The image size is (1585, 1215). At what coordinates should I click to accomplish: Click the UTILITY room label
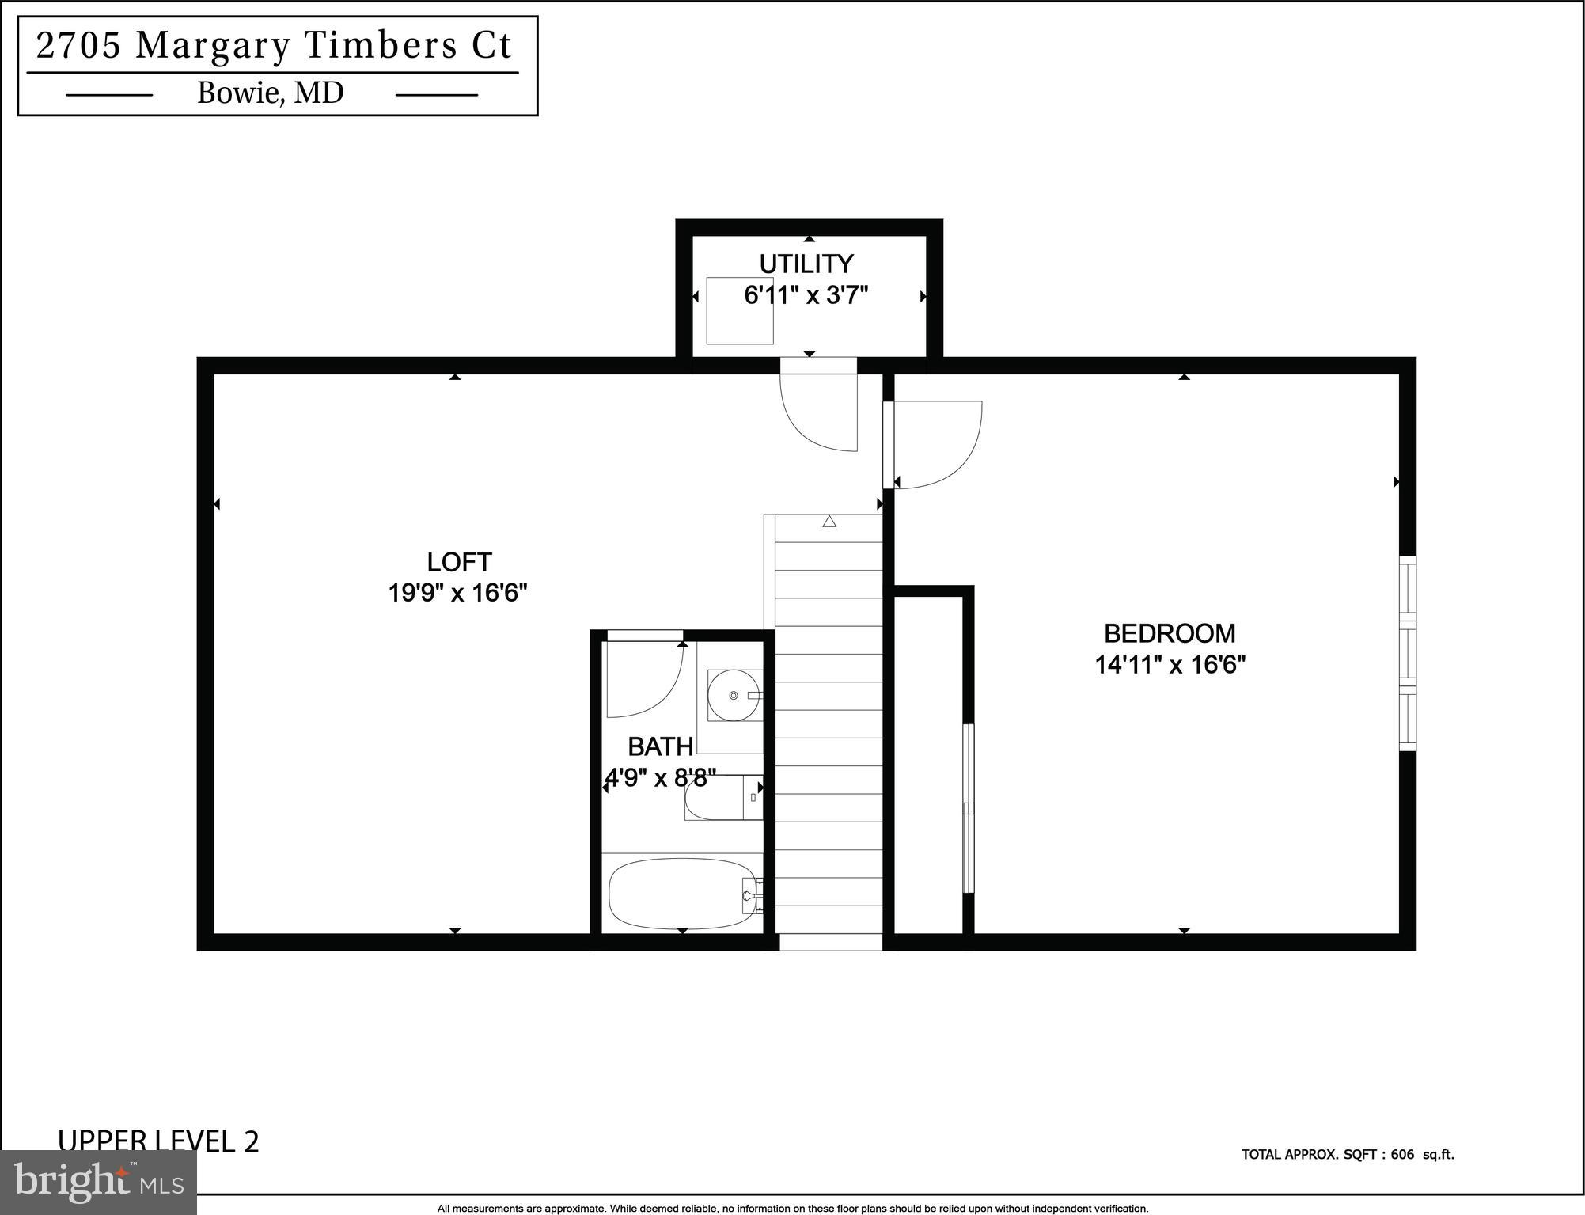tap(806, 264)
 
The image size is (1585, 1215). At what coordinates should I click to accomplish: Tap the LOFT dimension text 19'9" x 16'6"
tap(457, 593)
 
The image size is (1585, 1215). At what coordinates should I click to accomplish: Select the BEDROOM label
tap(1169, 633)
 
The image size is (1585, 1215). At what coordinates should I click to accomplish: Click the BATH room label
tap(660, 746)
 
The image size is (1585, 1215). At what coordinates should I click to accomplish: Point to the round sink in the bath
tap(734, 695)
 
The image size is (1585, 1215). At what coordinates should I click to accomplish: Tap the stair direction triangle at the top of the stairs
tap(829, 522)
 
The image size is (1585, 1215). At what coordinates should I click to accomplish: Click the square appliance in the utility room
tap(739, 310)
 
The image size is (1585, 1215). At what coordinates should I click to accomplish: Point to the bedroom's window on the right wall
tap(1407, 653)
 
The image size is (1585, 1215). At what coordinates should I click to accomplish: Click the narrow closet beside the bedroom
tap(927, 764)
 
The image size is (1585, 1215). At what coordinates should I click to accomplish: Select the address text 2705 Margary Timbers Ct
tap(275, 46)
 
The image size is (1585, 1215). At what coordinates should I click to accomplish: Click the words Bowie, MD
tap(270, 93)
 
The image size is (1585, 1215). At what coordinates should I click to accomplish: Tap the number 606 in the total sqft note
tap(1401, 1155)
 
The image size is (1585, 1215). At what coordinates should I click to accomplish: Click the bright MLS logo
tap(98, 1181)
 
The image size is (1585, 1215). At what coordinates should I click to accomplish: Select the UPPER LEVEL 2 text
tap(158, 1141)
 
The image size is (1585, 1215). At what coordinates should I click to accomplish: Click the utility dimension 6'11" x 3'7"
tap(806, 295)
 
